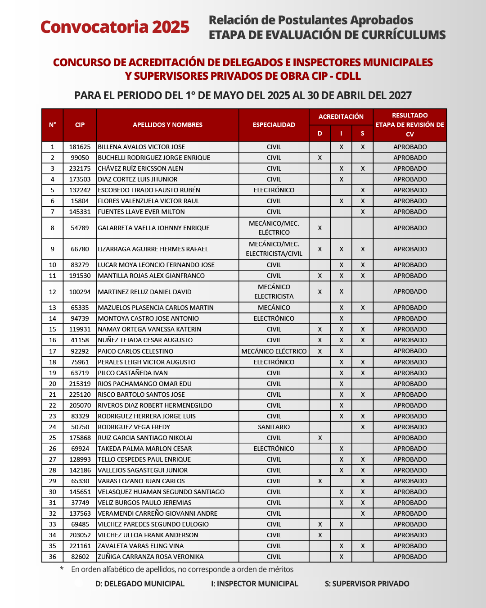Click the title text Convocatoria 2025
coord(115,27)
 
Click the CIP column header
coord(80,125)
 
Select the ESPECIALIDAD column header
coord(274,125)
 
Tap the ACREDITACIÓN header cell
coord(341,117)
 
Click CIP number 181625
coord(80,147)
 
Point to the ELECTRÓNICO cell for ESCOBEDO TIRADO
coord(274,190)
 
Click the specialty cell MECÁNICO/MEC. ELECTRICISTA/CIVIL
coord(274,249)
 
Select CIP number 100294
coord(80,292)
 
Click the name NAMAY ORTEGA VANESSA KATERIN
coord(149,329)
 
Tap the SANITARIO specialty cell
coord(274,427)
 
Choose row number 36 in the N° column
coord(53,557)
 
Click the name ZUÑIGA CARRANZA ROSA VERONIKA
coord(151,557)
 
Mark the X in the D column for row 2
coord(320,158)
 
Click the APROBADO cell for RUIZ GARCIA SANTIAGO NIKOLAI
coord(410,438)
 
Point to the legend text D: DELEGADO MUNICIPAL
coord(140,584)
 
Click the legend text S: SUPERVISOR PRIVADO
coord(367,584)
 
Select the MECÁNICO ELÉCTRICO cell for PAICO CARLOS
coord(274,351)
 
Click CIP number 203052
coord(80,535)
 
